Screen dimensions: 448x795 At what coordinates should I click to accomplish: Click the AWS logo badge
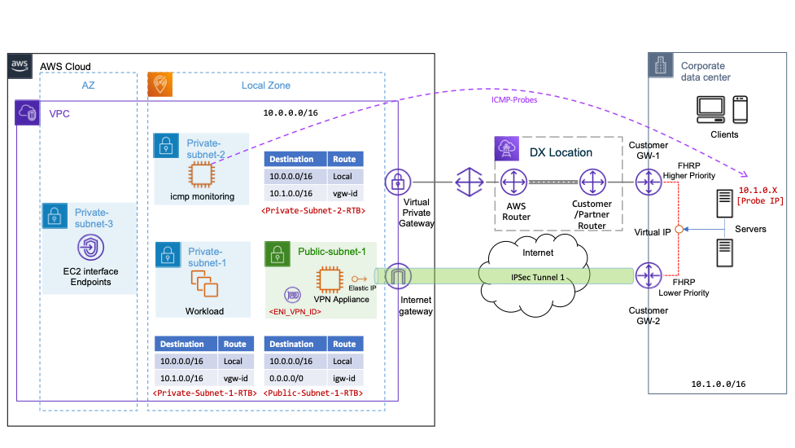[20, 66]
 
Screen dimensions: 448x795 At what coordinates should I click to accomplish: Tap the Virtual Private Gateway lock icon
[397, 180]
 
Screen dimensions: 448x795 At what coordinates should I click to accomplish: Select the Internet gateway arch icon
[397, 277]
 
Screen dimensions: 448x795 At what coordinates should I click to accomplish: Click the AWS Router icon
[514, 180]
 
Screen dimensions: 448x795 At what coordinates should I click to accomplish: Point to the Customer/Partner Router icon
[592, 180]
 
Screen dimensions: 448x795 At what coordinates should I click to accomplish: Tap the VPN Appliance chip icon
[329, 279]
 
